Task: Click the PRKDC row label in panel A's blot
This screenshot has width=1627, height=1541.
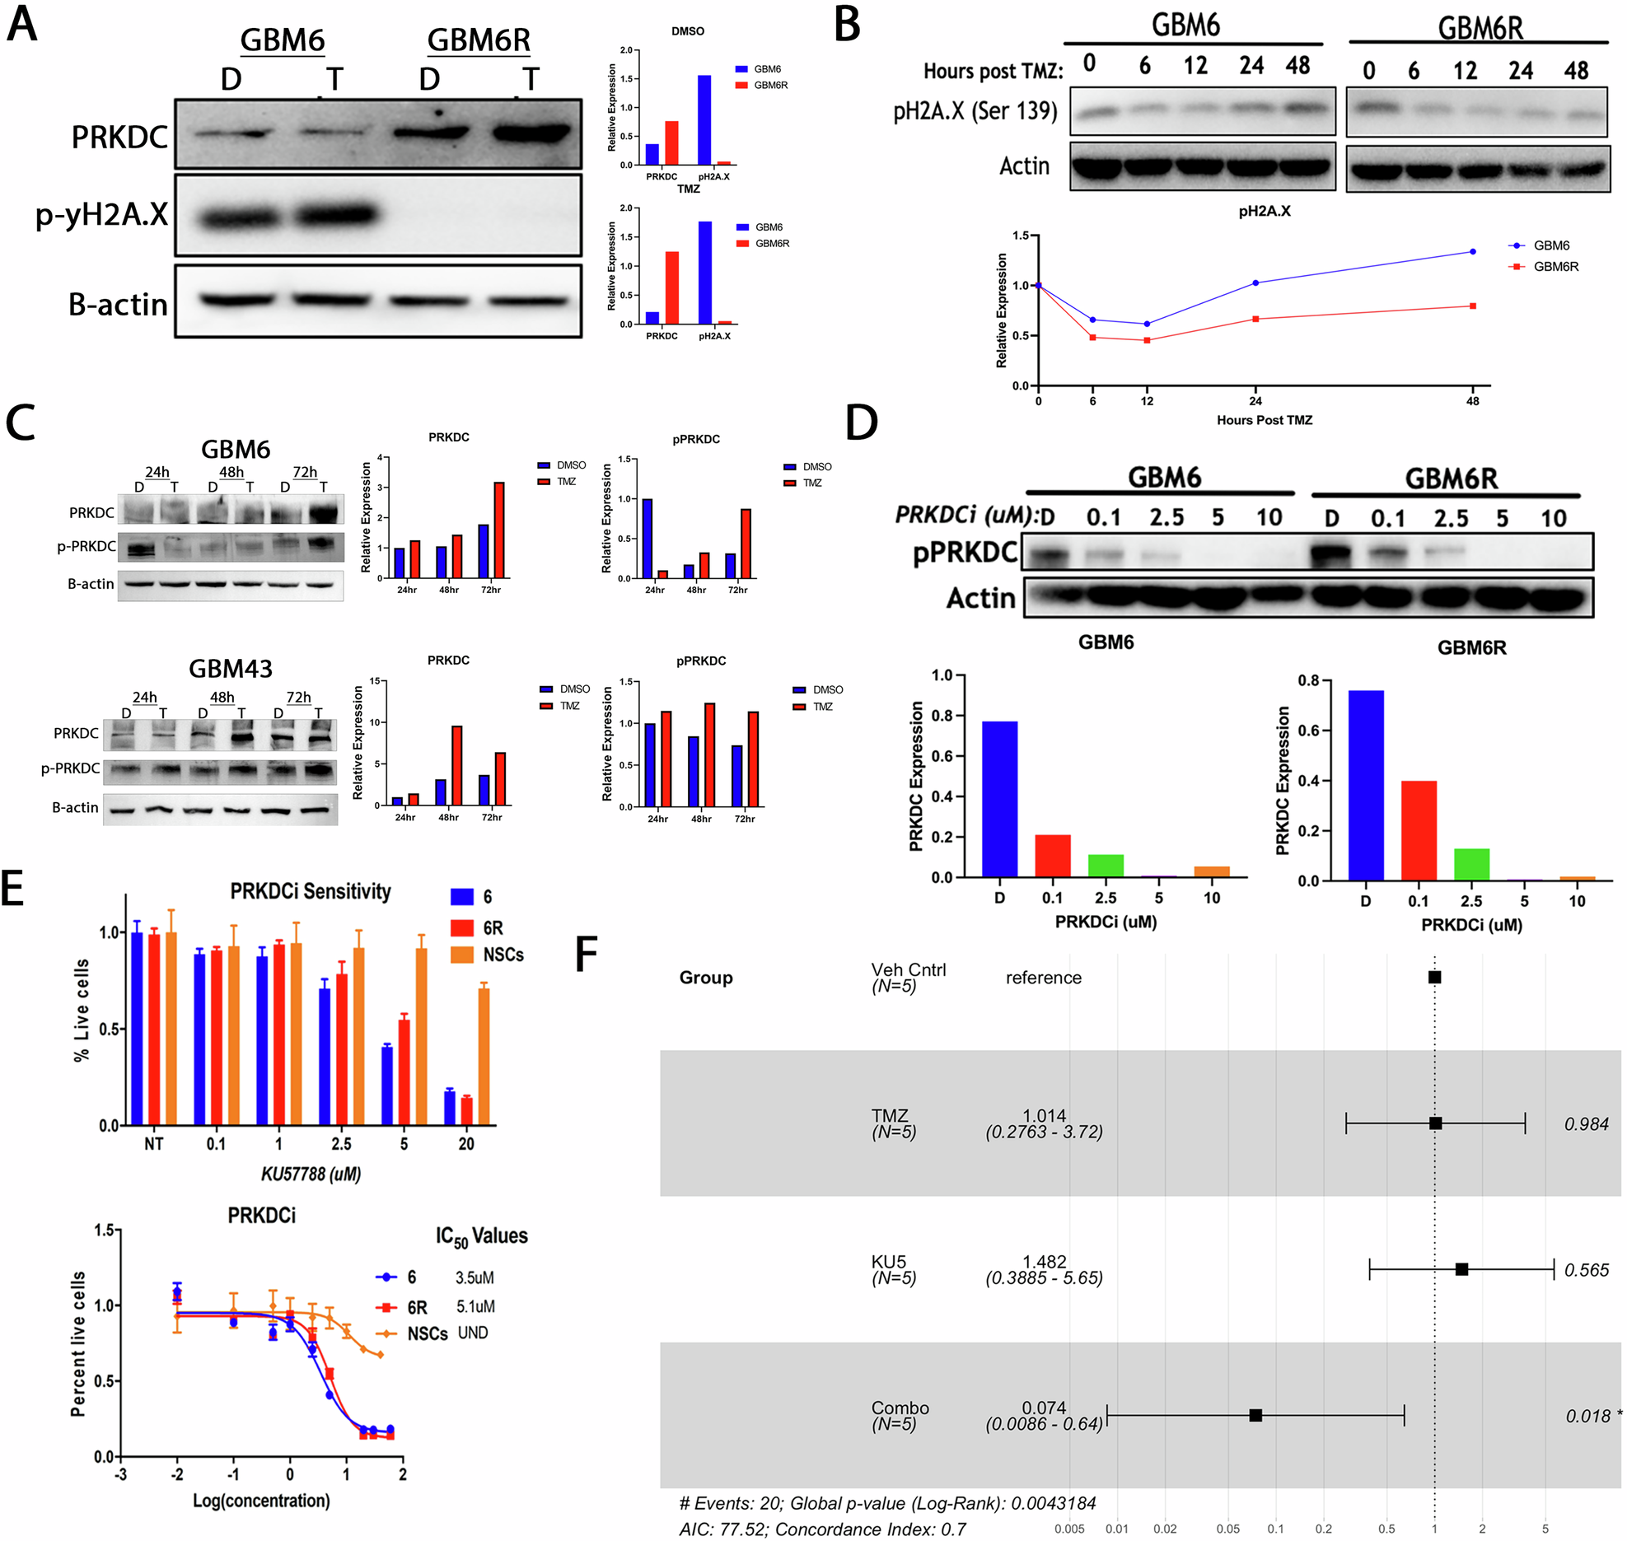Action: (119, 137)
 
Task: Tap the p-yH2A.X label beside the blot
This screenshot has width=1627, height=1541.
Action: (101, 214)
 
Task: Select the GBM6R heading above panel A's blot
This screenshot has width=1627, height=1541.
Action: (478, 40)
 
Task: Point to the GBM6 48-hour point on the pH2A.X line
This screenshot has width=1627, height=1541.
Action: (1472, 251)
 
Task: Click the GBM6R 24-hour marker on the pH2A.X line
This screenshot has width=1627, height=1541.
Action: (1255, 319)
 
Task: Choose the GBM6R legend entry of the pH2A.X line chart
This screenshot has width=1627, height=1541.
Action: (1555, 267)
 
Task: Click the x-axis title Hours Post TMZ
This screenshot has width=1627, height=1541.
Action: (1264, 420)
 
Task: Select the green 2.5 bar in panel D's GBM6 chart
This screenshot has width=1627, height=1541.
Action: (1106, 866)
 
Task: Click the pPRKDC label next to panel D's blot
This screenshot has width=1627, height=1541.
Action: (965, 552)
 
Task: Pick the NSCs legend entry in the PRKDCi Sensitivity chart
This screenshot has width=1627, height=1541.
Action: (503, 955)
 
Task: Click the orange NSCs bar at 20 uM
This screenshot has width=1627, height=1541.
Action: (484, 1056)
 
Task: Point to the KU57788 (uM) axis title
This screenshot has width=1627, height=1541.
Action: (311, 1174)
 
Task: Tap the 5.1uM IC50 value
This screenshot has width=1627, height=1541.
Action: (475, 1306)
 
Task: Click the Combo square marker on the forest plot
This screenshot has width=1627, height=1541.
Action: (1255, 1415)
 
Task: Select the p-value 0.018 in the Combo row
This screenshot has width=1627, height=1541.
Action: (1587, 1416)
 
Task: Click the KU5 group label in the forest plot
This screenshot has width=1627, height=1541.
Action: (888, 1262)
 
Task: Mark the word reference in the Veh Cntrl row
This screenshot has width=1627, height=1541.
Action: (1043, 978)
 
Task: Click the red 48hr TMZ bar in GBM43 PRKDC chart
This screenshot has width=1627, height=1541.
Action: (456, 765)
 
